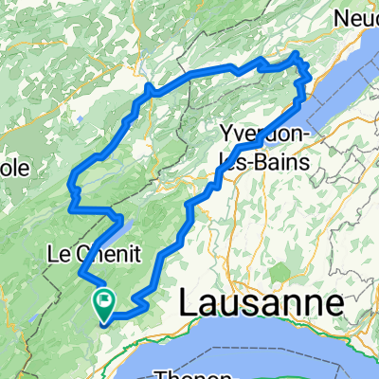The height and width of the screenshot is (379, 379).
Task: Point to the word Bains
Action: (x=284, y=156)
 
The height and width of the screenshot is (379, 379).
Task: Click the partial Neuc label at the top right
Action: (x=358, y=17)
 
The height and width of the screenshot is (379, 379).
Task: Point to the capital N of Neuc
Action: (x=344, y=17)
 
